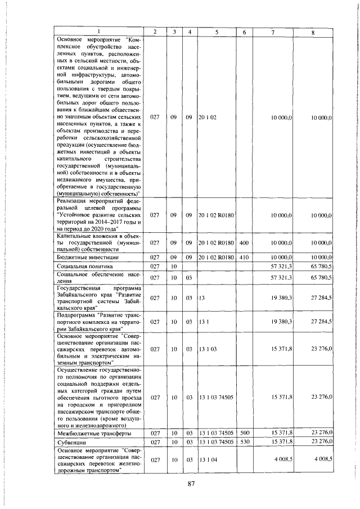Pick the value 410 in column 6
[244, 256]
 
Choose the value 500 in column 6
[244, 433]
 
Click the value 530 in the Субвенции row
[244, 442]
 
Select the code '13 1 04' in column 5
[208, 460]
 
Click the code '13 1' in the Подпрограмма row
[204, 321]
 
